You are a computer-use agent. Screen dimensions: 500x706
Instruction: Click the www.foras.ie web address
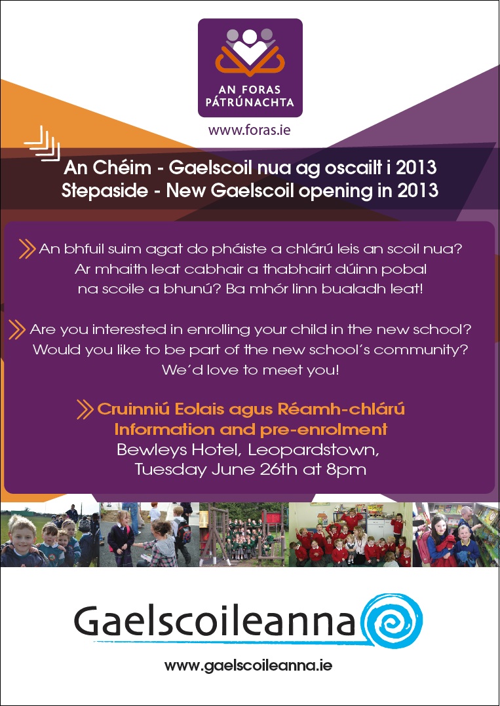249,130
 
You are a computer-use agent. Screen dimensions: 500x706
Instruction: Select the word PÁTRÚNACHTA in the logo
250,102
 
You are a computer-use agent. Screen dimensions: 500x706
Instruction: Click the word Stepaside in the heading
104,191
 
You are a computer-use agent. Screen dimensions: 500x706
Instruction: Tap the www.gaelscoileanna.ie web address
248,665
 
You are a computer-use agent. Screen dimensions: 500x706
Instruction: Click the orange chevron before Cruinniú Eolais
85,409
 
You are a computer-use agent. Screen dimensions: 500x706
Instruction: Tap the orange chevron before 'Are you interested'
16,329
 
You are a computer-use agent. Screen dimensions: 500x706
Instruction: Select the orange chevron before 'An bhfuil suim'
27,249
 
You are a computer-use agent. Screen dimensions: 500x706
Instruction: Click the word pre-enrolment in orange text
323,430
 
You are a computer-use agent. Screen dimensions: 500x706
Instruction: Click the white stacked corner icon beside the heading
42,143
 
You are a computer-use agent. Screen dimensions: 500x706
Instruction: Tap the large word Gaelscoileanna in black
215,621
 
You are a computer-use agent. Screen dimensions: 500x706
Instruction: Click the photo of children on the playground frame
244,534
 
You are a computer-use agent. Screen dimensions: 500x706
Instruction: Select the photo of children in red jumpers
351,534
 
